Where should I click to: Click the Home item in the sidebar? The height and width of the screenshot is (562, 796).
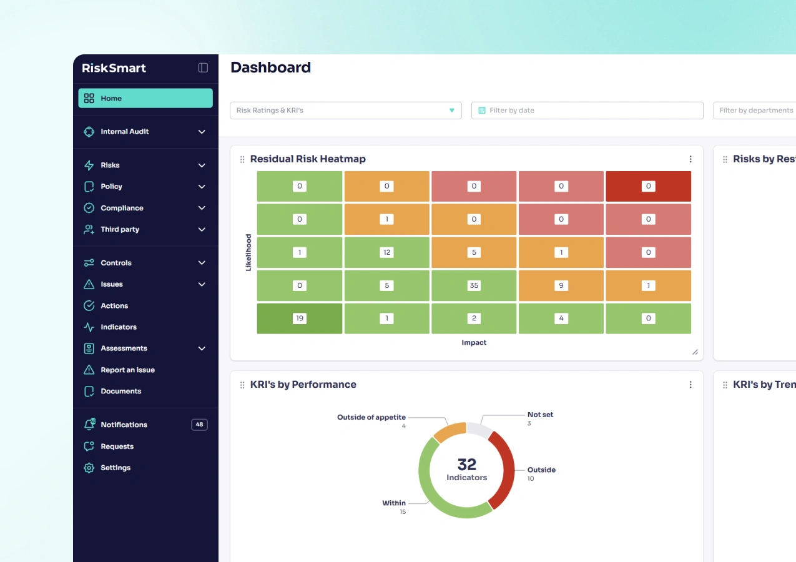pos(145,98)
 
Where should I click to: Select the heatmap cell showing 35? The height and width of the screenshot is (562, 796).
pos(474,285)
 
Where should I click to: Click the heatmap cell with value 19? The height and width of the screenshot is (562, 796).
pos(300,318)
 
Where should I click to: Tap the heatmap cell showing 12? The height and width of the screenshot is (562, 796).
pos(386,252)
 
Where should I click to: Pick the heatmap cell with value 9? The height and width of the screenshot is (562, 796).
pos(561,285)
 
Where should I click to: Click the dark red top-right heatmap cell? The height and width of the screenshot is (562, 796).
pos(648,186)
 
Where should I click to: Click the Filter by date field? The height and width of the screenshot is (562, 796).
pos(587,111)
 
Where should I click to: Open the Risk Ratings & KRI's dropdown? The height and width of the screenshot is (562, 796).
pos(345,111)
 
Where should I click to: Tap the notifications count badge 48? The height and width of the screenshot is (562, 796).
pos(199,425)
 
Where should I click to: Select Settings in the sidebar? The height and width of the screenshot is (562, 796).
pos(115,468)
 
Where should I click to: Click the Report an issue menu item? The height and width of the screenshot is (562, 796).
pos(127,370)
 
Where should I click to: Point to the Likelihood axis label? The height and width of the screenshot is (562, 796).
pos(248,252)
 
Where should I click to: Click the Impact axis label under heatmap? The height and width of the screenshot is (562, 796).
pos(474,342)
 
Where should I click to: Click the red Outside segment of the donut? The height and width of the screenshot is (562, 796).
pos(505,468)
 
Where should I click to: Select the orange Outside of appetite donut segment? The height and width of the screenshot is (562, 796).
pos(448,431)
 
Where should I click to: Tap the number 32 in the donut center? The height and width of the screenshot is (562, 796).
pos(466,465)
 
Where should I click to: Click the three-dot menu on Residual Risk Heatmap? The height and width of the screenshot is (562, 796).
pos(690,159)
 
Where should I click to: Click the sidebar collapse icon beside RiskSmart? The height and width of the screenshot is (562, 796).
pos(203,68)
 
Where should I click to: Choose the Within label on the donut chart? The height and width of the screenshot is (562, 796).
pos(394,503)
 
